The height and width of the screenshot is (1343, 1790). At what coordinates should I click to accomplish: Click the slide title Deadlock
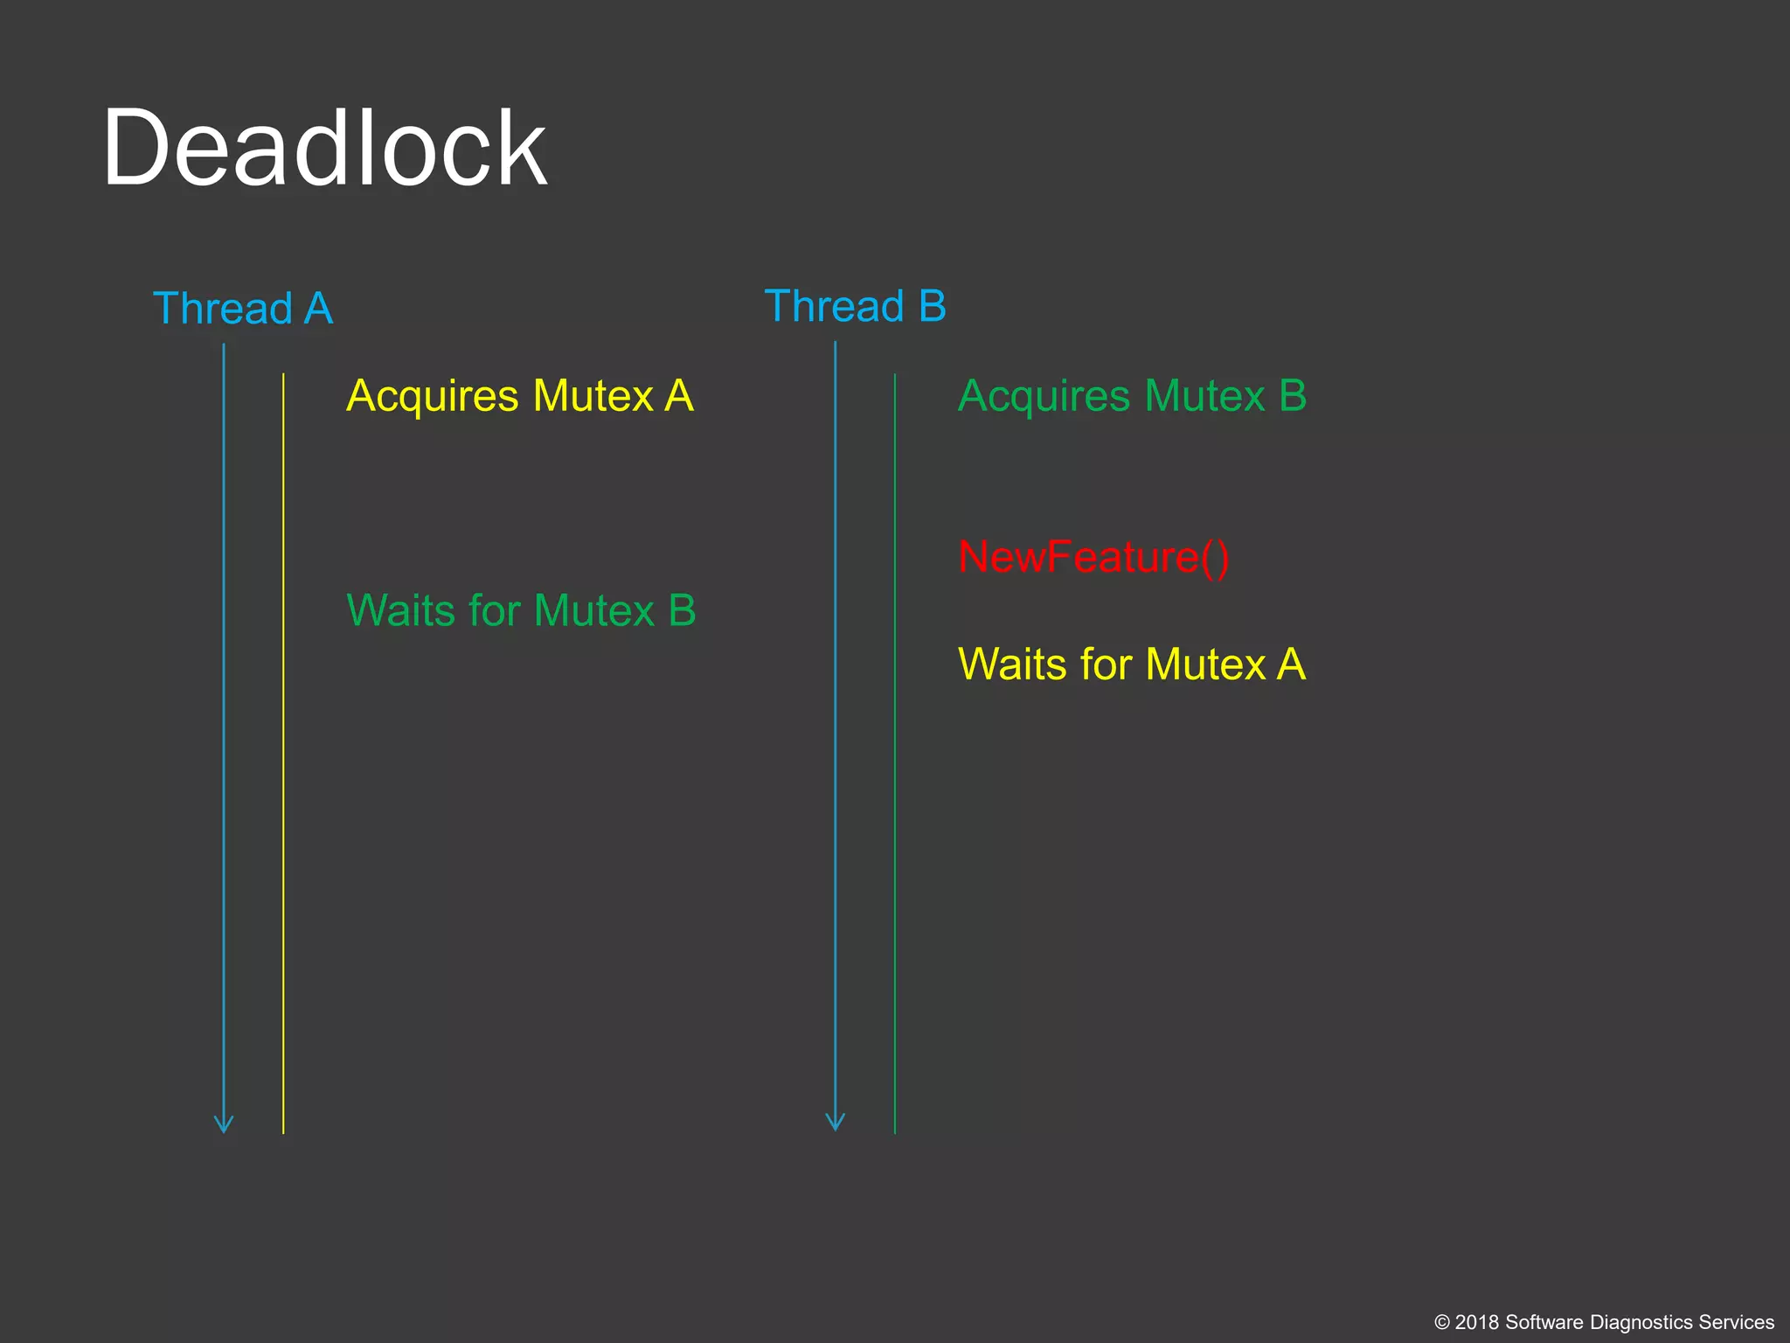tap(324, 148)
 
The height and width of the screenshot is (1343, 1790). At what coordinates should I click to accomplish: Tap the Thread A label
tap(243, 309)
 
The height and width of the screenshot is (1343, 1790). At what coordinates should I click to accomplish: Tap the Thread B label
tap(855, 306)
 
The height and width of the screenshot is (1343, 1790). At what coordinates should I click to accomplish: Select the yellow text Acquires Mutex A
tap(520, 396)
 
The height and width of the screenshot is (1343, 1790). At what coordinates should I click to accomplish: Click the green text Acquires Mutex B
tap(1132, 396)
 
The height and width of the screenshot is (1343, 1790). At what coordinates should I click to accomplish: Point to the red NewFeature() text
tap(1093, 557)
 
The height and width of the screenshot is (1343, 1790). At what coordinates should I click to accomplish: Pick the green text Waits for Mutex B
tap(521, 610)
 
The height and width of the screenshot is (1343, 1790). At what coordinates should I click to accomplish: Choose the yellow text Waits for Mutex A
tap(1132, 665)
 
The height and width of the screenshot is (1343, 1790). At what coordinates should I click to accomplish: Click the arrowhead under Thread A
tap(224, 1124)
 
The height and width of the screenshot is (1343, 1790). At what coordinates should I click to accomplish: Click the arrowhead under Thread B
tap(836, 1122)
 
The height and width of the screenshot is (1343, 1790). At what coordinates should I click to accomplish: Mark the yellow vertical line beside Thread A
tap(283, 752)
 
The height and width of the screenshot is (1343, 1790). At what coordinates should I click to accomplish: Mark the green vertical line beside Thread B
tap(895, 752)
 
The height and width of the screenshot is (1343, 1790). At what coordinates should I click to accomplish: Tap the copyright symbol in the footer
tap(1442, 1323)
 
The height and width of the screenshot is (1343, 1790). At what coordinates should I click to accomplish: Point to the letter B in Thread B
tap(933, 306)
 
